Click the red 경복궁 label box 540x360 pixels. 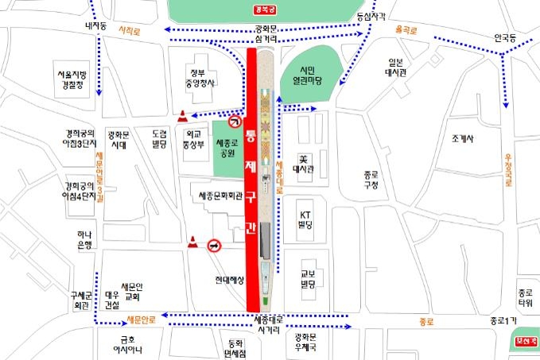point(263,10)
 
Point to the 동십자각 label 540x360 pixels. point(370,16)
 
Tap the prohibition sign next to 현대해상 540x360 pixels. point(215,246)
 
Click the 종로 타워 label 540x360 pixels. point(524,297)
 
